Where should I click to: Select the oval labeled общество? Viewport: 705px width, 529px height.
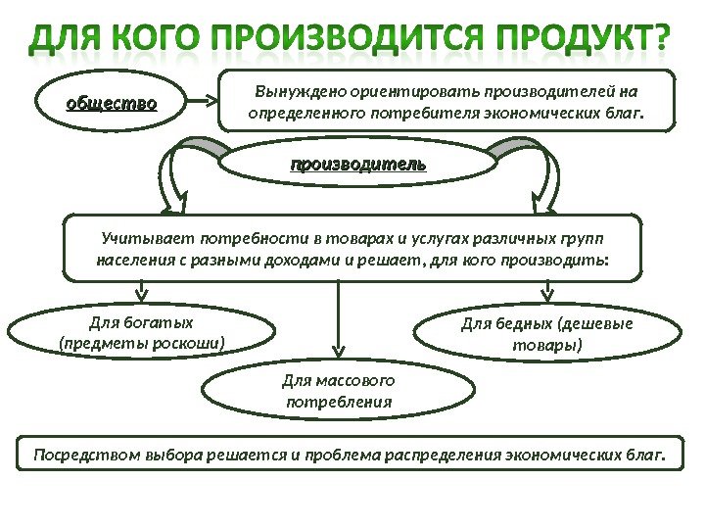[111, 101]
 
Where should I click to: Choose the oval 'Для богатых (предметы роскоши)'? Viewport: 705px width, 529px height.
[141, 333]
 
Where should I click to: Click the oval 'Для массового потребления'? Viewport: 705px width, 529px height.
[338, 390]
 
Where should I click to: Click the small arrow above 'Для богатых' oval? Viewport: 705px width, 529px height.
[142, 290]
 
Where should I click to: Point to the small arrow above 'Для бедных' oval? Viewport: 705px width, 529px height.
[546, 290]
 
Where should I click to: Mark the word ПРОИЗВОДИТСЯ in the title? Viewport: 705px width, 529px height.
[340, 41]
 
